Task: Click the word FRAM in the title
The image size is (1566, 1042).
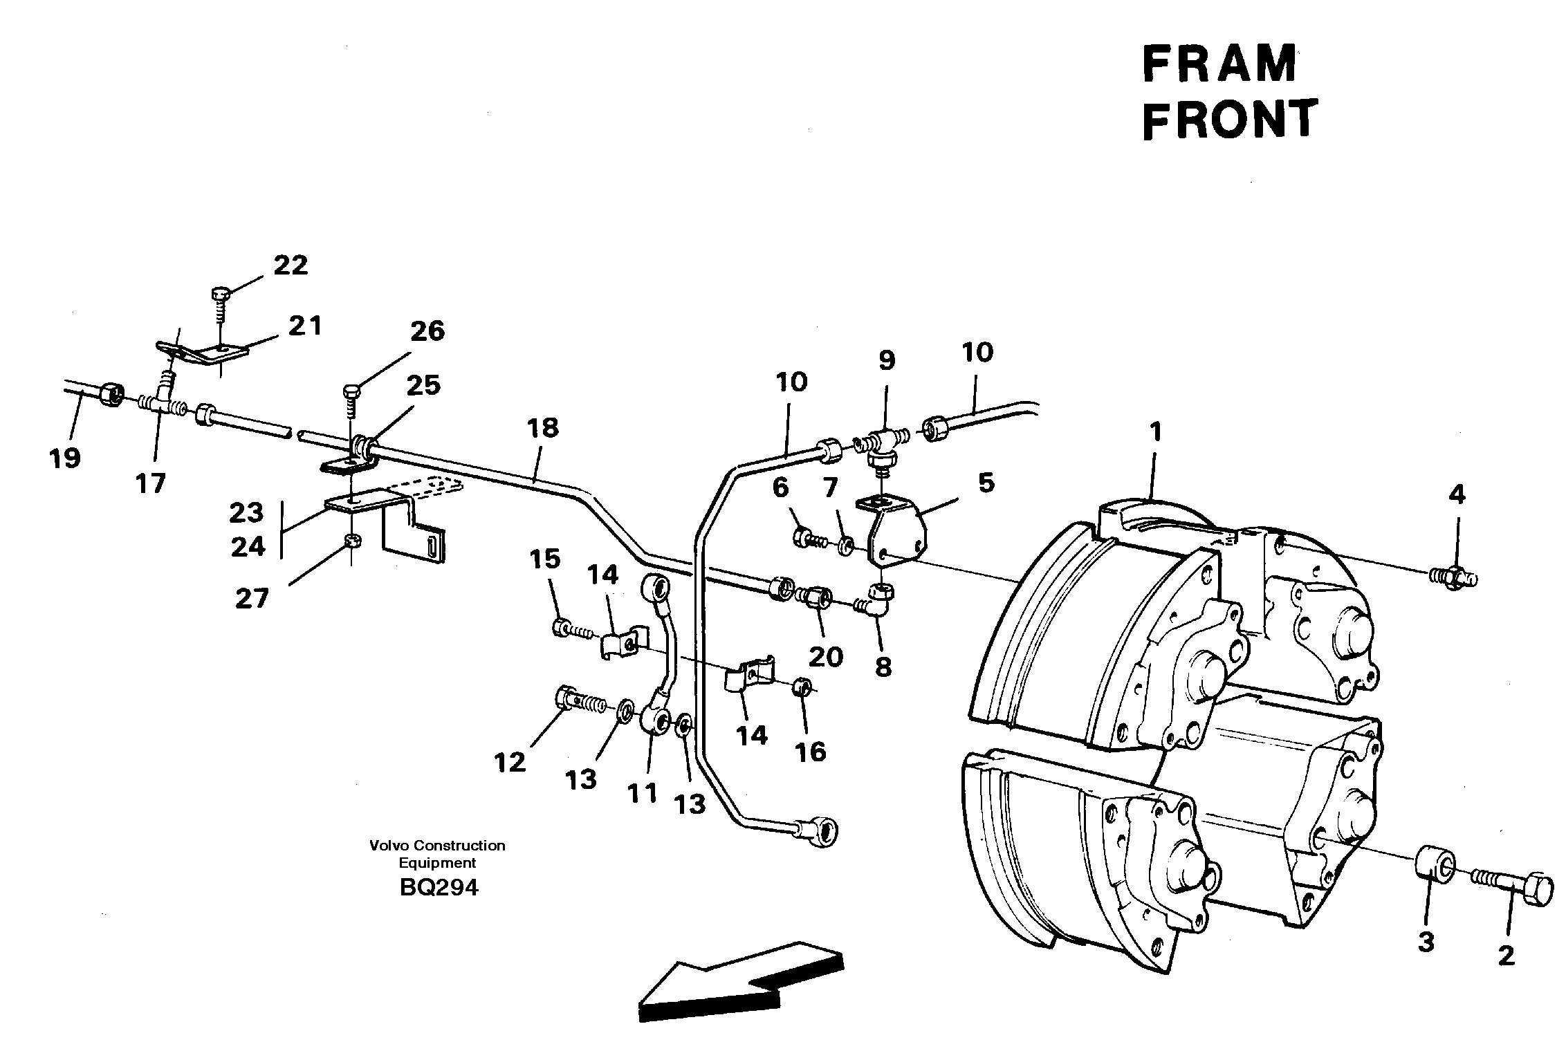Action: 1219,64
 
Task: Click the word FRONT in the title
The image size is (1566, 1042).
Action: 1229,118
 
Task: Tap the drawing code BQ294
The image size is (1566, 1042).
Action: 439,887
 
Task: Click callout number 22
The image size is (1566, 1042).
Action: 290,266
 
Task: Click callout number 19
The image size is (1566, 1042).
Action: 65,458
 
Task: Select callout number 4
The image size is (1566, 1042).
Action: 1457,494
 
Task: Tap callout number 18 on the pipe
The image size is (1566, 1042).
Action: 542,428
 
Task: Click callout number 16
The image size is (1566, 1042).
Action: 810,752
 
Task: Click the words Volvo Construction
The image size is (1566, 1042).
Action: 437,846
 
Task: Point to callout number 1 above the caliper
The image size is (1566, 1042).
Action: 1154,433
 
